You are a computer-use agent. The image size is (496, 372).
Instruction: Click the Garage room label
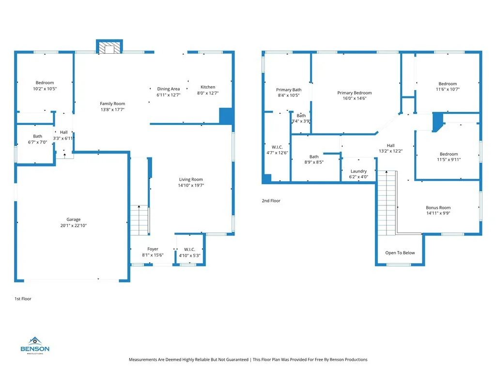74,219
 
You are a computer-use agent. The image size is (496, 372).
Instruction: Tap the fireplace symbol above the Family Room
109,47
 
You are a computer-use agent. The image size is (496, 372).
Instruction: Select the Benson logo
35,345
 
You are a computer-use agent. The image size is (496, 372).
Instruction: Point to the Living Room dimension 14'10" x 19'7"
191,186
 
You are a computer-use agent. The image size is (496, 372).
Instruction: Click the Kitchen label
208,87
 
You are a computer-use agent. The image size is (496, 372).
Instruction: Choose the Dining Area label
168,89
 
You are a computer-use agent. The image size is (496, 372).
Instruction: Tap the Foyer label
153,249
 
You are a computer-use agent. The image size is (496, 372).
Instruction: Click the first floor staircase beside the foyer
140,220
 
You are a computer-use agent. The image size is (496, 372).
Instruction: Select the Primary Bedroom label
354,93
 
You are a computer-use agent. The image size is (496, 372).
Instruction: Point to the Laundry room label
358,171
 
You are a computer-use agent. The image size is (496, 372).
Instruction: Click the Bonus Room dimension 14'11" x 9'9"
438,213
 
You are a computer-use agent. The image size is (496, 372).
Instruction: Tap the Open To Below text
400,253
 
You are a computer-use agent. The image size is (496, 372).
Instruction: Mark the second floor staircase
387,203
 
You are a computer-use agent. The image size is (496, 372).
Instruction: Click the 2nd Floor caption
271,201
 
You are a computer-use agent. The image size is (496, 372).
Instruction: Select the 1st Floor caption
23,298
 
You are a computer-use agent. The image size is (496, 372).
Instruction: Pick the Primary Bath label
289,90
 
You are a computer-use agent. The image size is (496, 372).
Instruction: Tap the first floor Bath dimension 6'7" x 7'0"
37,142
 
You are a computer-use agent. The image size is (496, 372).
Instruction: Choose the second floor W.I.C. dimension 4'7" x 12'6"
277,153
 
